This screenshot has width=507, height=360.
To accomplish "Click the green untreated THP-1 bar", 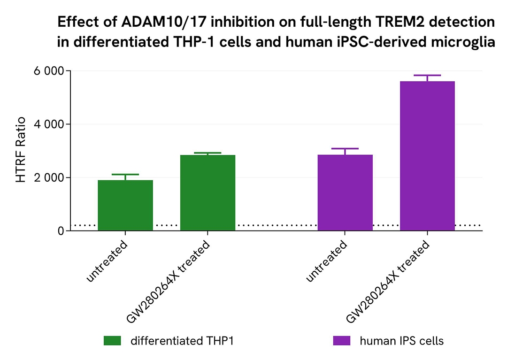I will [x=125, y=205].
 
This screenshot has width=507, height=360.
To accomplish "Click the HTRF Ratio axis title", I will [x=21, y=150].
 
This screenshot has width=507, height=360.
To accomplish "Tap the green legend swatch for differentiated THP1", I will [x=112, y=341].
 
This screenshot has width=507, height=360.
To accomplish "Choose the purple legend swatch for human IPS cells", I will [x=341, y=341].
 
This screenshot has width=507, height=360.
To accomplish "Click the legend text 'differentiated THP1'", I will [x=182, y=341].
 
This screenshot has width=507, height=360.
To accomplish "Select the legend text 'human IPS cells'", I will [x=401, y=341].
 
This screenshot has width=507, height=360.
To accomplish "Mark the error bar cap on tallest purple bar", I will [x=427, y=75].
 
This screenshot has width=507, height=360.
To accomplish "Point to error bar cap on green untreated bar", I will [x=125, y=174].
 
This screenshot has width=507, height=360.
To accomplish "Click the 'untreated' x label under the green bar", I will [x=108, y=262].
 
